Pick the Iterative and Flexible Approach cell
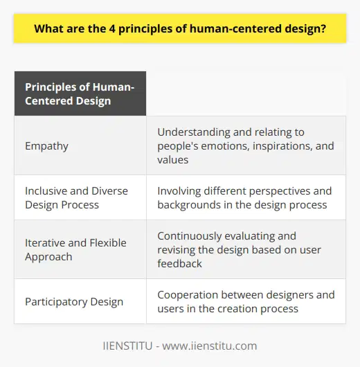pyautogui.click(x=76, y=250)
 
